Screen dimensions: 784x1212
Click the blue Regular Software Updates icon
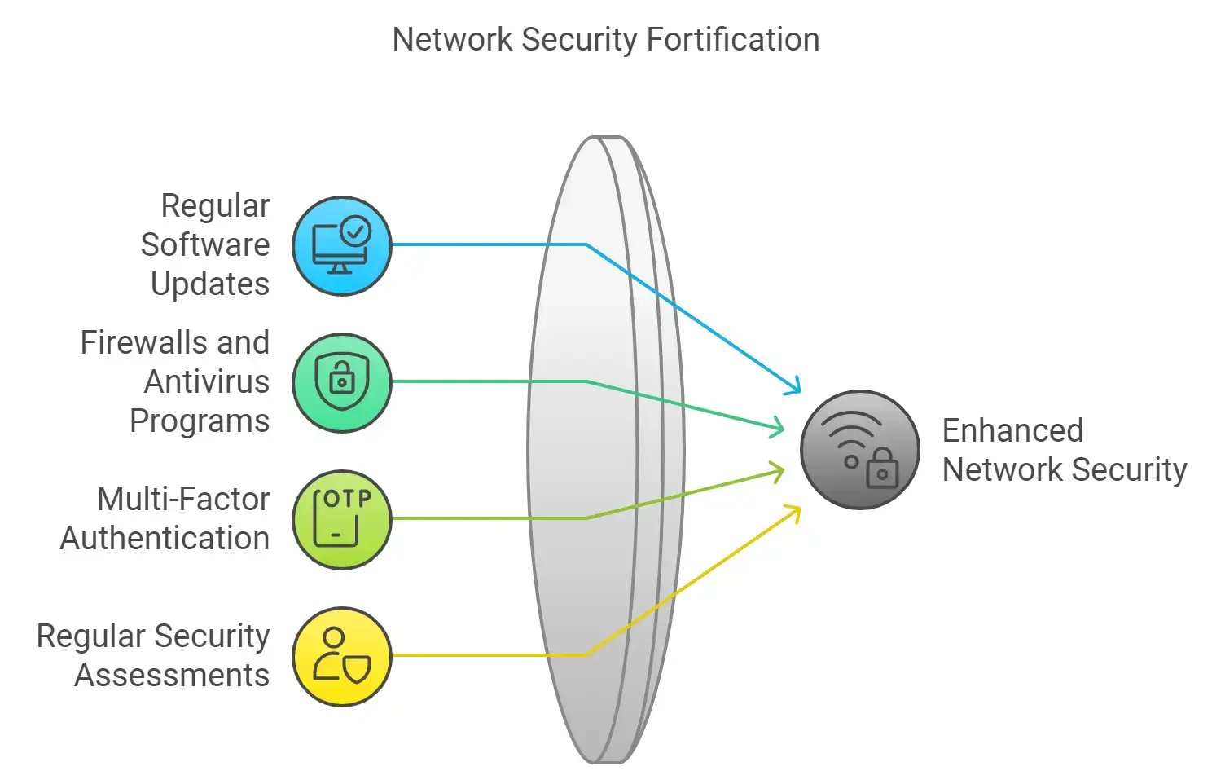[x=342, y=245]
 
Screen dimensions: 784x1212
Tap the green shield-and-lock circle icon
[x=342, y=382]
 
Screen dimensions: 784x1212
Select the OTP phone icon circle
[x=342, y=519]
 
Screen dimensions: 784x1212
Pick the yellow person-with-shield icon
[x=342, y=656]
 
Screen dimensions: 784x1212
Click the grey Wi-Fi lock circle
[x=859, y=450]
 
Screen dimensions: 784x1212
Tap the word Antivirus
[x=207, y=381]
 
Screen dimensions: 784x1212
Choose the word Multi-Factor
[x=183, y=499]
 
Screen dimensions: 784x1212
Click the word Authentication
[x=165, y=538]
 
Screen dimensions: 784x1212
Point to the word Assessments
[x=172, y=675]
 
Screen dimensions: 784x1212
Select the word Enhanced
[x=1012, y=430]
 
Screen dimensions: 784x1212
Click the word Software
[x=204, y=244]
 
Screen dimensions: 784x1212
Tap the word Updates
[x=210, y=284]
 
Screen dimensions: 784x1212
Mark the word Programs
[x=200, y=421]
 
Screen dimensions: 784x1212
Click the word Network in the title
[x=453, y=40]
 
